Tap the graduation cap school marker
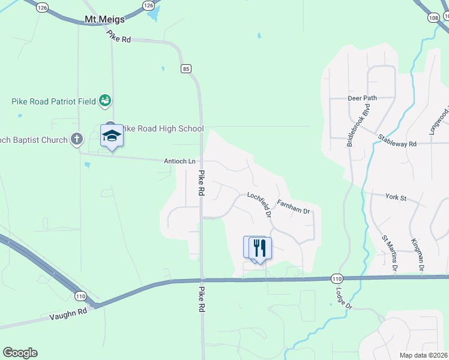pyautogui.click(x=112, y=137)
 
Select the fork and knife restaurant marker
pyautogui.click(x=260, y=247)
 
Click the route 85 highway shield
pyautogui.click(x=187, y=69)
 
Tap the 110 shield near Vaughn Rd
pyautogui.click(x=80, y=296)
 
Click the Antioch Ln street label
pyautogui.click(x=180, y=161)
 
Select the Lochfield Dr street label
pyautogui.click(x=261, y=204)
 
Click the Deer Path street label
pyautogui.click(x=362, y=98)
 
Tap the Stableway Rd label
pyautogui.click(x=397, y=142)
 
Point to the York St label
pyautogui.click(x=396, y=197)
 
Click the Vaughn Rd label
pyautogui.click(x=68, y=313)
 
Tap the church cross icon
pyautogui.click(x=77, y=139)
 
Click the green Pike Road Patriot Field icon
pyautogui.click(x=105, y=101)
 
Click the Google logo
pyautogui.click(x=20, y=353)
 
